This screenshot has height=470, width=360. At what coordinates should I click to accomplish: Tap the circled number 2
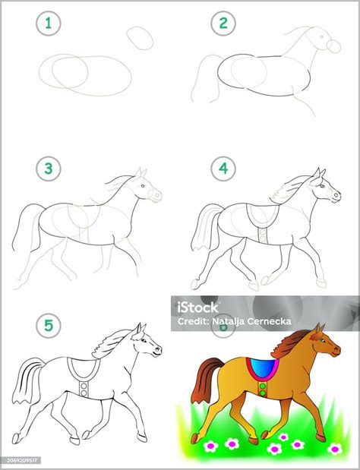pyautogui.click(x=223, y=24)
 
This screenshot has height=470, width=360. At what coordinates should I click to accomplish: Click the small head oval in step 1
pyautogui.click(x=139, y=36)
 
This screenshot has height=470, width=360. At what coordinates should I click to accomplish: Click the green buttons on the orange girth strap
pyautogui.click(x=263, y=389)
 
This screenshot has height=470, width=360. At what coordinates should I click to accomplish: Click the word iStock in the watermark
pyautogui.click(x=199, y=308)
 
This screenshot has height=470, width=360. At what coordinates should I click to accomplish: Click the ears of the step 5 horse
pyautogui.click(x=141, y=328)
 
